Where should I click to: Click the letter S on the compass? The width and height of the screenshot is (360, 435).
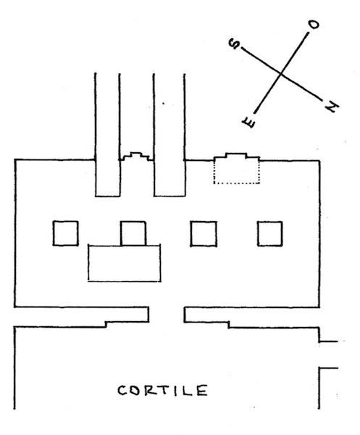[234, 44]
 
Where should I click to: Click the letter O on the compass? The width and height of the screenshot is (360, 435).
[314, 25]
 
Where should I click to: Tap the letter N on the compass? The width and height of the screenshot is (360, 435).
[332, 107]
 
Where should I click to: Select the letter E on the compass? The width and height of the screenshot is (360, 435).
[248, 123]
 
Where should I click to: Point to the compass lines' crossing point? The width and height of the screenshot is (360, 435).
[281, 74]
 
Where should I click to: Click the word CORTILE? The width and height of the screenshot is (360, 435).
[162, 391]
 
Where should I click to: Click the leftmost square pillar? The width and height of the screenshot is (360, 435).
[65, 233]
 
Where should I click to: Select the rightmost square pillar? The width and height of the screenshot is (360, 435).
[270, 233]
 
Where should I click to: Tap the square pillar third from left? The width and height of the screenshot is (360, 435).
[204, 233]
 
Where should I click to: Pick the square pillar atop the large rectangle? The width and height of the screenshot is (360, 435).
[133, 233]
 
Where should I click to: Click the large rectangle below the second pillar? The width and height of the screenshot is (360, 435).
[124, 263]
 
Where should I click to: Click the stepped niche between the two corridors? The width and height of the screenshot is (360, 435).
[136, 156]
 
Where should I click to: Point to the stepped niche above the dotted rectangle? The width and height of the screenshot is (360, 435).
[236, 157]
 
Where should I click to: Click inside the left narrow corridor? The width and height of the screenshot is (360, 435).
[107, 135]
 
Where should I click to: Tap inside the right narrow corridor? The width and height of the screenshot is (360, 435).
[169, 135]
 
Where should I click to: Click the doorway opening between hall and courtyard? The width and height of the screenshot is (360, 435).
[167, 315]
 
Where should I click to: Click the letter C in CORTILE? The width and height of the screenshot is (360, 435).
[122, 391]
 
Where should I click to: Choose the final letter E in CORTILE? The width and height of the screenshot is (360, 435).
[202, 391]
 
